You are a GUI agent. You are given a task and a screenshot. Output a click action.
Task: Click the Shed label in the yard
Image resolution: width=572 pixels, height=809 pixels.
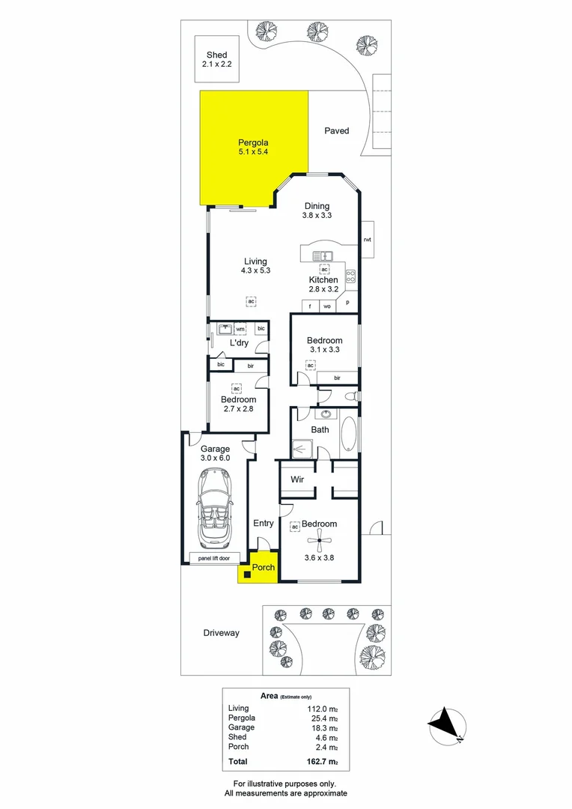click(217, 55)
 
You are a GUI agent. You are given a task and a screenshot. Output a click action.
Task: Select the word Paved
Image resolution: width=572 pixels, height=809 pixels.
click(336, 131)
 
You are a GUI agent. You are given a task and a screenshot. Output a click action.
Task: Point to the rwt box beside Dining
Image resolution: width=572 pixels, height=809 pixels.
click(367, 240)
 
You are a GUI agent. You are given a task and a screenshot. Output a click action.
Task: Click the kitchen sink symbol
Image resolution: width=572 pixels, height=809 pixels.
click(326, 255)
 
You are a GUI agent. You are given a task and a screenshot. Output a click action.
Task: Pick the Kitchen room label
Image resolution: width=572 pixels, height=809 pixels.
click(323, 280)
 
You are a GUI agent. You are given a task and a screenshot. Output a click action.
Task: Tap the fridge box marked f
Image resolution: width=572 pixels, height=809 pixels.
click(310, 306)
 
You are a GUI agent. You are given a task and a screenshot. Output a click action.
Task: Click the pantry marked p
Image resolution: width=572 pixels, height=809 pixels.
click(347, 303)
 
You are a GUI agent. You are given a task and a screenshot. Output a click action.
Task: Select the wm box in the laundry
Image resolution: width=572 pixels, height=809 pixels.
click(240, 329)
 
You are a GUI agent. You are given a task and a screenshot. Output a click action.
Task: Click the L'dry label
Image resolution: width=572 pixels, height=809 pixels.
click(239, 343)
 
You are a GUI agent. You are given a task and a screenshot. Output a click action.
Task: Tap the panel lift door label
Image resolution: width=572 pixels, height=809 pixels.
click(214, 558)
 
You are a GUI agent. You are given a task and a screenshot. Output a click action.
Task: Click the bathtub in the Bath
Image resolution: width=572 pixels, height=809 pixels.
click(348, 433)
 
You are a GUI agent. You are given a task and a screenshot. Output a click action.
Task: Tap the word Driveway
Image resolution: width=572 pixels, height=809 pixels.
click(222, 633)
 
